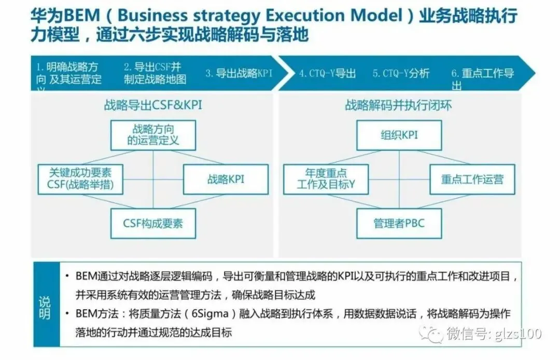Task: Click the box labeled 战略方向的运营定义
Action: point(153,135)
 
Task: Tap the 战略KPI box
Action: point(226,179)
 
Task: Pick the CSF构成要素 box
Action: point(153,224)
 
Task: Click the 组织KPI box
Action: point(399,135)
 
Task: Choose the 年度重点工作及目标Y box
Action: point(326,179)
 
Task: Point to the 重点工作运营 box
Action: point(472,179)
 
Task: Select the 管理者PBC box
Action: point(399,224)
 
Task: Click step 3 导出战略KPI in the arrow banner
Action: point(239,73)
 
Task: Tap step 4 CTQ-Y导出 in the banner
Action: point(327,73)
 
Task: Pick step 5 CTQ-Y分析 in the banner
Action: point(401,73)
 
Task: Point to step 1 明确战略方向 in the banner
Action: point(68,73)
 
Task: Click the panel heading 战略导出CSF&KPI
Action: point(153,105)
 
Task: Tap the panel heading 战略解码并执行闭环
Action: point(398,105)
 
